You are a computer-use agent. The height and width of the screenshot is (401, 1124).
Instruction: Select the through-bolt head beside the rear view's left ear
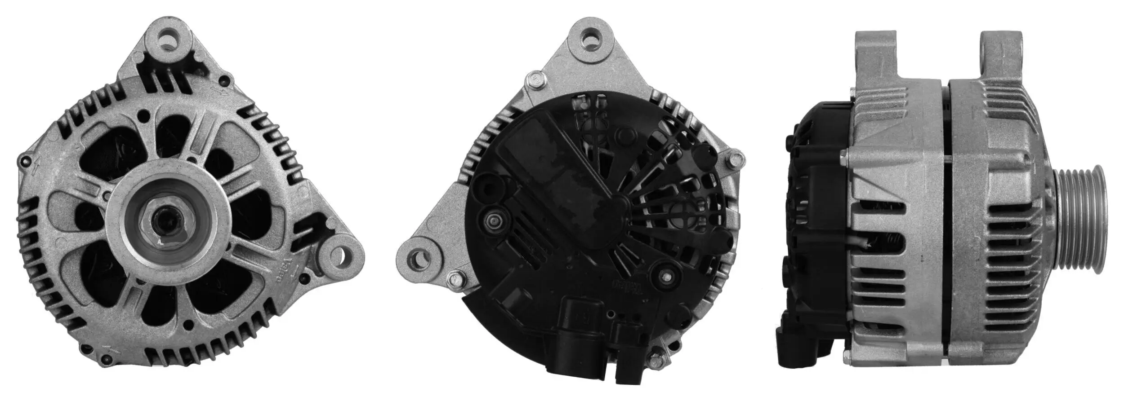pyautogui.click(x=456, y=280)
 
